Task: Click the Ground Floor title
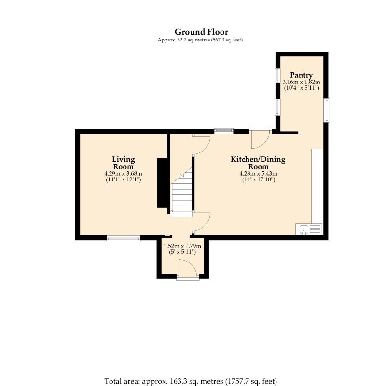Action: [201, 32]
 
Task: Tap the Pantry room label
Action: [301, 75]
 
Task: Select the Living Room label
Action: [124, 163]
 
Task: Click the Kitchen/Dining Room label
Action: [258, 163]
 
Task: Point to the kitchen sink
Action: [309, 229]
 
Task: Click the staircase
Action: [181, 192]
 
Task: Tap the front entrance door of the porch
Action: [188, 270]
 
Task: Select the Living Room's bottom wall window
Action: [124, 238]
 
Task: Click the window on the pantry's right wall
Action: [326, 110]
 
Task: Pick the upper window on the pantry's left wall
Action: [277, 75]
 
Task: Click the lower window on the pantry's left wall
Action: [277, 107]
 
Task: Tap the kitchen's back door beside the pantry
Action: [261, 138]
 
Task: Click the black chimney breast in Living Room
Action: [163, 183]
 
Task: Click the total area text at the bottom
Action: [191, 381]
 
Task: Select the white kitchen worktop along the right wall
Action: [317, 186]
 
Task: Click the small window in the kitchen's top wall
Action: [224, 131]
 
